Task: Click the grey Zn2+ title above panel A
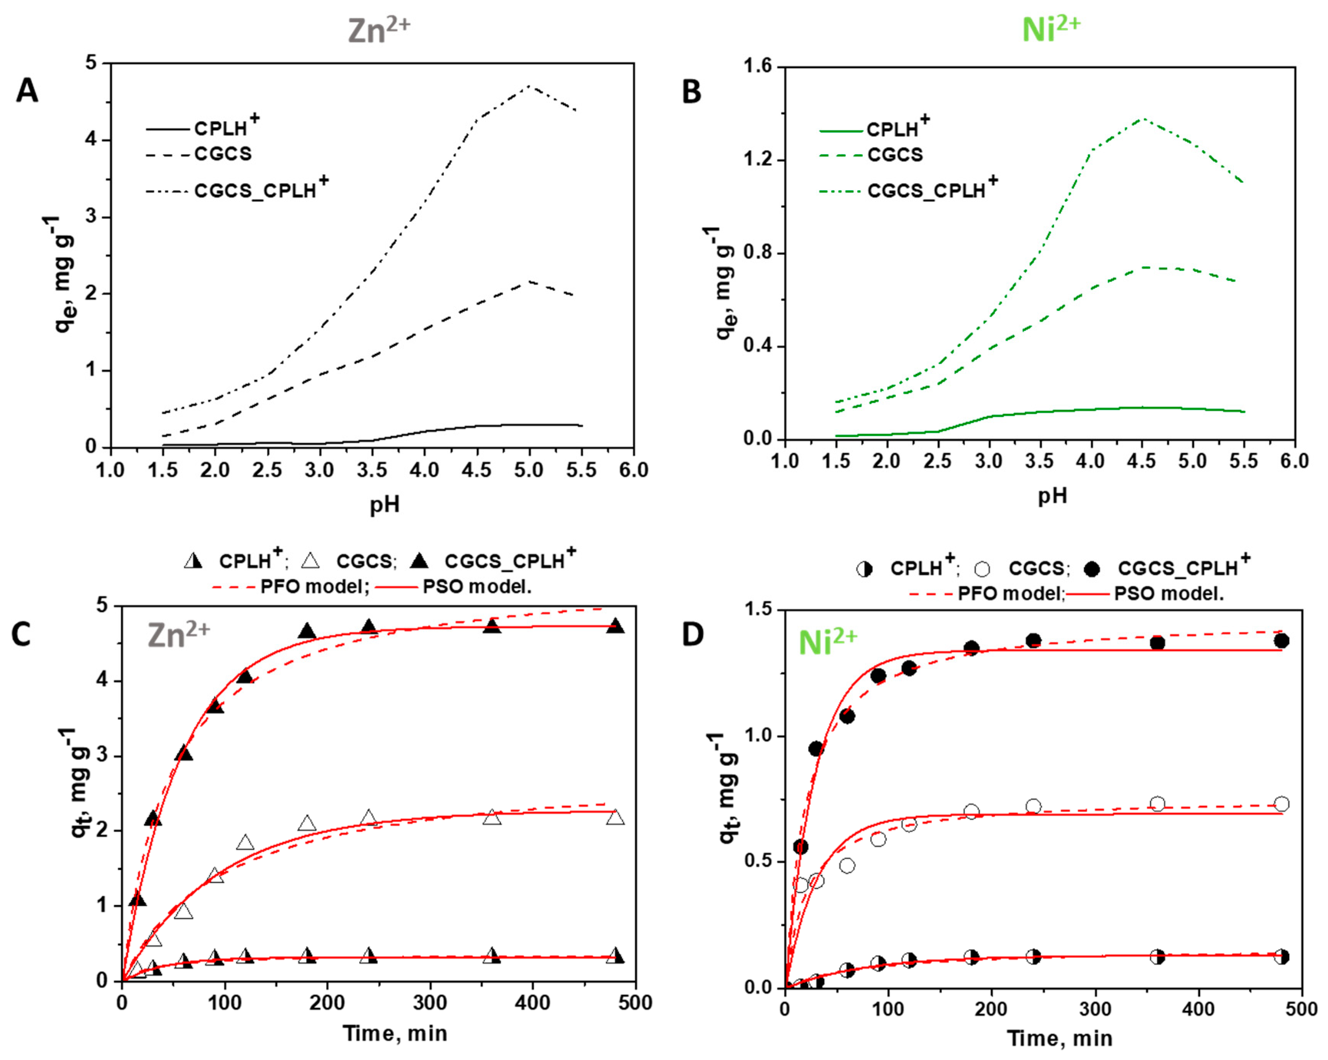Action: click(378, 31)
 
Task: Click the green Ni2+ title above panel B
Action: click(1051, 30)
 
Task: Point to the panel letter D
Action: click(693, 635)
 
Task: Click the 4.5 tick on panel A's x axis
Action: click(477, 470)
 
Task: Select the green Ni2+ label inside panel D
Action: click(827, 642)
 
